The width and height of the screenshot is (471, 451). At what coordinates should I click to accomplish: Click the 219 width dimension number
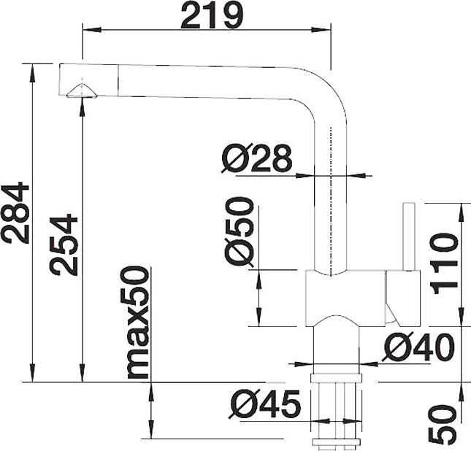[x=212, y=15]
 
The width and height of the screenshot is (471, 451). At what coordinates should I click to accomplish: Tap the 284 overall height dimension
[x=15, y=212]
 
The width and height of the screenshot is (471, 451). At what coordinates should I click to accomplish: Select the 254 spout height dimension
[x=64, y=244]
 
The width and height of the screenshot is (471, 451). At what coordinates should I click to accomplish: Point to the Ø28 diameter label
[x=257, y=158]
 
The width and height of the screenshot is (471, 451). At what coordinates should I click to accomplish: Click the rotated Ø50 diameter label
[x=239, y=232]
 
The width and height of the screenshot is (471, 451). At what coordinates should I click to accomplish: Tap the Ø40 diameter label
[x=417, y=347]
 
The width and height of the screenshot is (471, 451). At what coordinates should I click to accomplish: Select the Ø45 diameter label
[x=264, y=404]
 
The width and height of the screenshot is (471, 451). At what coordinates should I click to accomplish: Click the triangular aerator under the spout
[x=82, y=90]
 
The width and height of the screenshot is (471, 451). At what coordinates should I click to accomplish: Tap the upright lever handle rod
[x=409, y=236]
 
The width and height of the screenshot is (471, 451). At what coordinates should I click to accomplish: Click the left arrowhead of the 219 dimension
[x=91, y=30]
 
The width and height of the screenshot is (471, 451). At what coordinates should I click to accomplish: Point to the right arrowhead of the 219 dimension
[x=321, y=30]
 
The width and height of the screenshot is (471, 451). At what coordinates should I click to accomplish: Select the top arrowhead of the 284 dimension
[x=33, y=73]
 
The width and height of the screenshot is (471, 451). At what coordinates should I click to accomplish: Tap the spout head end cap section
[x=88, y=80]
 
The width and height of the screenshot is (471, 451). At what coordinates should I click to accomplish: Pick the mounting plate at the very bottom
[x=336, y=442]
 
